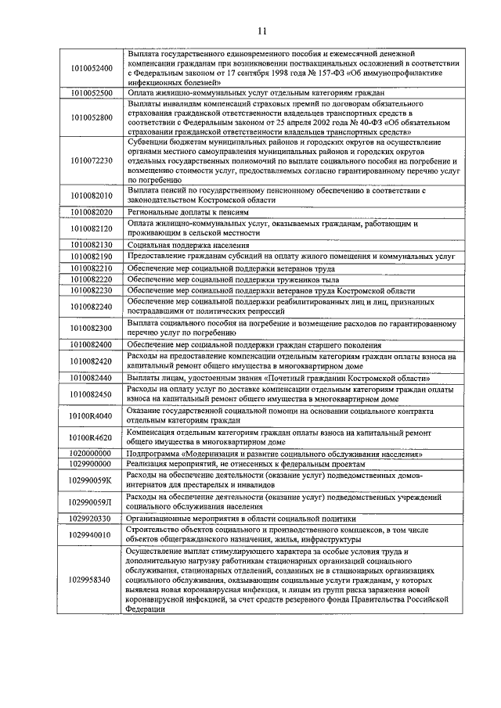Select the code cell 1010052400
click(x=90, y=68)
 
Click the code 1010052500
click(x=90, y=92)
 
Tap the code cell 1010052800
click(x=90, y=117)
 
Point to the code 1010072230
click(x=90, y=160)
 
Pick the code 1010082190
click(x=90, y=257)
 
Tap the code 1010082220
click(x=90, y=279)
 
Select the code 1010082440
click(x=90, y=377)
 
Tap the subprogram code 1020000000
click(x=88, y=453)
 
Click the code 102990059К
click(x=90, y=480)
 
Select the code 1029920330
click(x=88, y=518)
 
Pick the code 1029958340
click(x=90, y=579)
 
